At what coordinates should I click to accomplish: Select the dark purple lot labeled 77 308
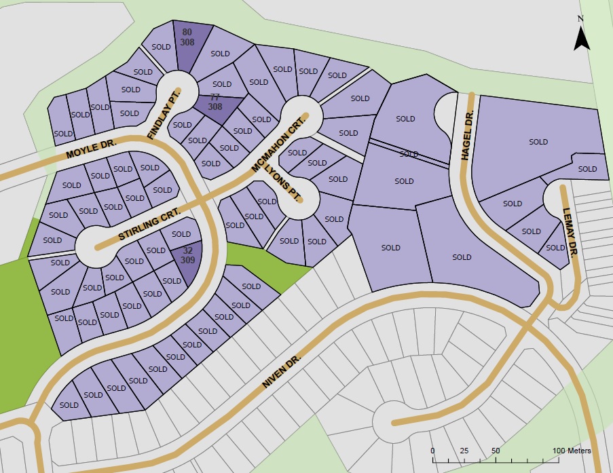coord(216,102)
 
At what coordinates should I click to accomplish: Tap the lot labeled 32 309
coord(187,255)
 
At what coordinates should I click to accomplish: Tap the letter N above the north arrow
coord(580,18)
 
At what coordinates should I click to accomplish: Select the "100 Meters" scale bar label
coord(571,451)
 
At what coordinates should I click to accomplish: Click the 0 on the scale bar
coord(433,451)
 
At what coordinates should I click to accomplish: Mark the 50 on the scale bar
coord(496,451)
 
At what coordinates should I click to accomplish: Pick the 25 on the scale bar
coord(464,451)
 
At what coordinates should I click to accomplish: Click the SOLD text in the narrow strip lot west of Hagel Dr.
coord(409,154)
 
